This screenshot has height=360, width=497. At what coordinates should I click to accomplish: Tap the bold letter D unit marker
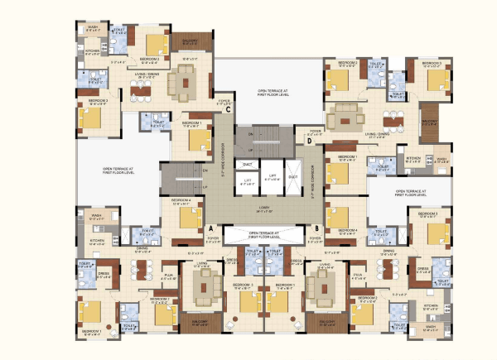(308, 141)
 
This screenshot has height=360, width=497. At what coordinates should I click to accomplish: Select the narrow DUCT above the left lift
(247, 164)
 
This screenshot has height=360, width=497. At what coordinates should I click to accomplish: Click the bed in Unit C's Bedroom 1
(199, 137)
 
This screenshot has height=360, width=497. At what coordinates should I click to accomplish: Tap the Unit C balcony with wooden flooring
(191, 42)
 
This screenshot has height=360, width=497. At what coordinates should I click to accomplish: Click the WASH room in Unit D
(442, 159)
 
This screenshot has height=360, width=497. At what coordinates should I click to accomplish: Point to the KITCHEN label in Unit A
(97, 242)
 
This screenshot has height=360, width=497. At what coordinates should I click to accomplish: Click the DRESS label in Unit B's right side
(422, 268)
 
